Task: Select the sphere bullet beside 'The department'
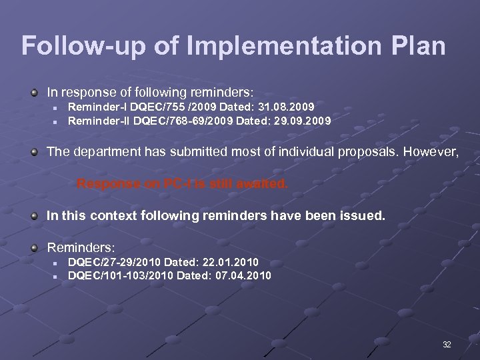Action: point(34,151)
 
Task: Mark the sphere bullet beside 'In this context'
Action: point(34,215)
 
